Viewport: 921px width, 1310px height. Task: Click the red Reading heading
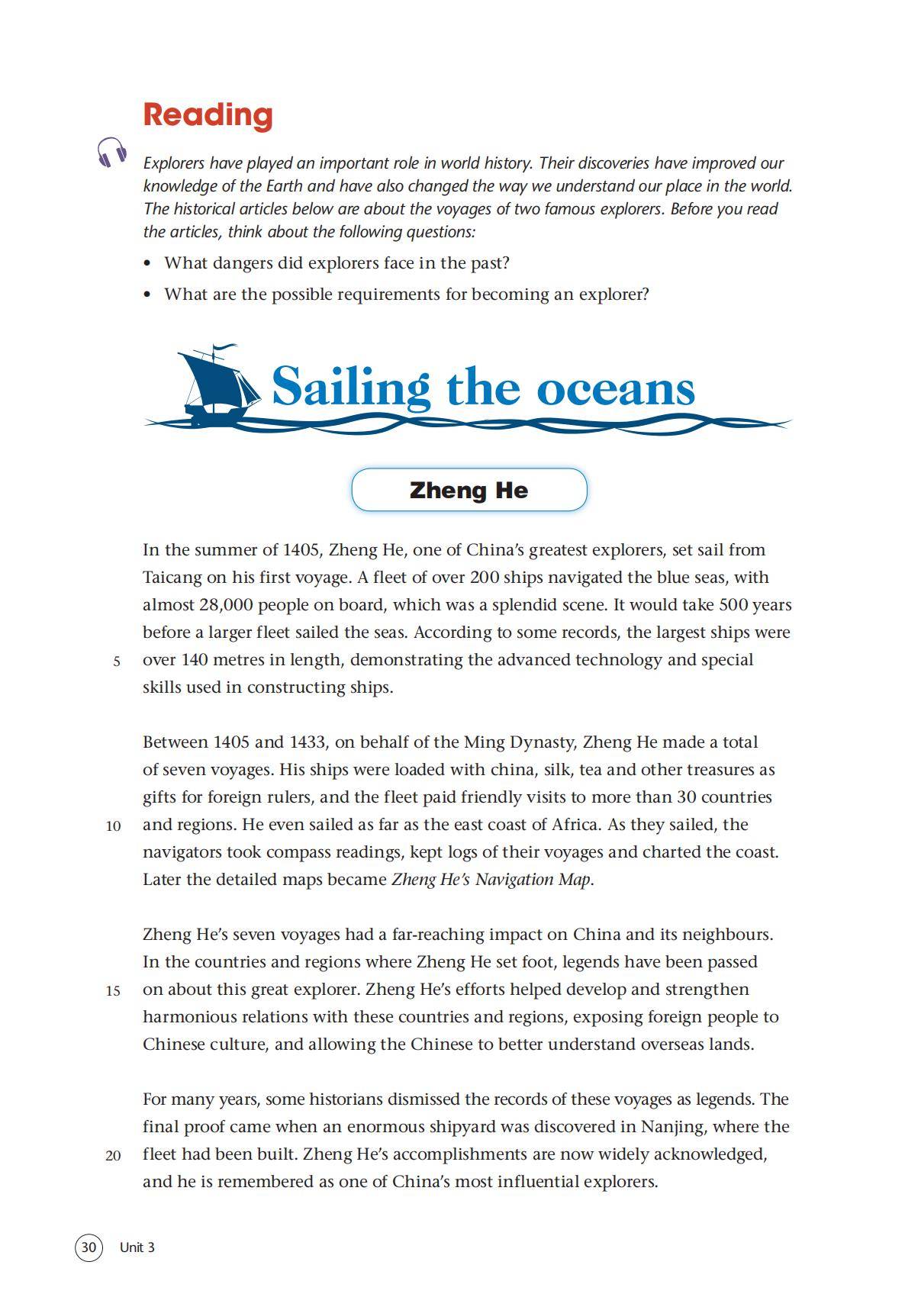click(208, 115)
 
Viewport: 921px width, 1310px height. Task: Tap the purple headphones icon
click(111, 152)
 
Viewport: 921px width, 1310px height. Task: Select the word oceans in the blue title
click(616, 388)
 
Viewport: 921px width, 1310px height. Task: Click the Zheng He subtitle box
click(469, 490)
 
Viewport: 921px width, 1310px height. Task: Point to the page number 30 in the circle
click(89, 1247)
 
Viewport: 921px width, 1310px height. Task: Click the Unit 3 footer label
click(137, 1247)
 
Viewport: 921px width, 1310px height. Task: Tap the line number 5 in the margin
click(117, 661)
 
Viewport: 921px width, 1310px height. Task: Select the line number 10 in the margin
click(113, 826)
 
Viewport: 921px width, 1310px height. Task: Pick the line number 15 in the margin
click(113, 991)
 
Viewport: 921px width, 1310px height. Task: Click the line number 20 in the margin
click(113, 1156)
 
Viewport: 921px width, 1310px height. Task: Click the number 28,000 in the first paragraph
click(226, 605)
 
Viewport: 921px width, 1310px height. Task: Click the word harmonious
click(189, 1017)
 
